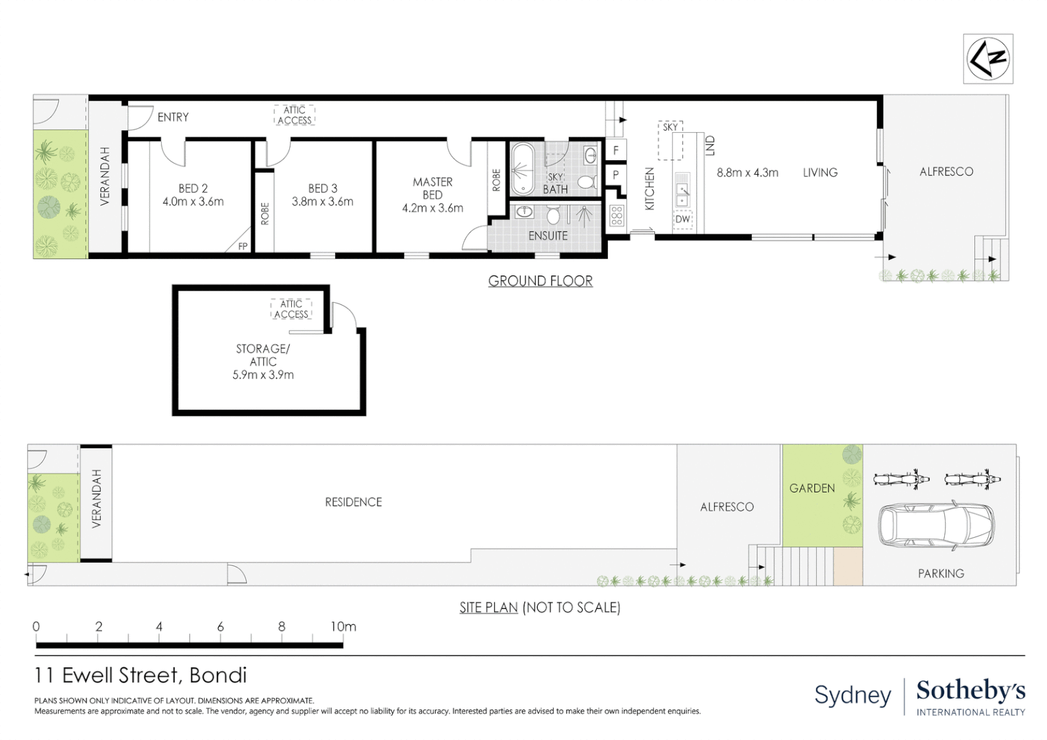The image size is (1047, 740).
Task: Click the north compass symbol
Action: click(987, 59)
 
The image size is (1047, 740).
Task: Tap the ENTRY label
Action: click(173, 117)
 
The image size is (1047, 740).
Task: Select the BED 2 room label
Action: click(193, 188)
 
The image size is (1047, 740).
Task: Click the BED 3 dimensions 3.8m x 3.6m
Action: click(323, 202)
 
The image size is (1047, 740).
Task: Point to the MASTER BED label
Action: click(432, 188)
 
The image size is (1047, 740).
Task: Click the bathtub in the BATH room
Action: click(523, 169)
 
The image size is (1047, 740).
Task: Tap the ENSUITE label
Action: click(547, 236)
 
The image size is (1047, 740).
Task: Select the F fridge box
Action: click(615, 150)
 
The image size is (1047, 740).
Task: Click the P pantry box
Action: click(615, 175)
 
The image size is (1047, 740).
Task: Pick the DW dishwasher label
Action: click(682, 219)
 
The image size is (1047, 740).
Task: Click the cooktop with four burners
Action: click(616, 216)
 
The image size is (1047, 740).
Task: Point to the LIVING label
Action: click(820, 173)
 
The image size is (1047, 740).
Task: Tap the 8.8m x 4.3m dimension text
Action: click(747, 173)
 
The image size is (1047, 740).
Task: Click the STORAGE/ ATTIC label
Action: click(262, 355)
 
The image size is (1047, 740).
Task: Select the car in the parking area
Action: click(936, 526)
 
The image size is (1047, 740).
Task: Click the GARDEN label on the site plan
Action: click(812, 489)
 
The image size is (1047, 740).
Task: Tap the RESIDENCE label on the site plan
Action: click(353, 502)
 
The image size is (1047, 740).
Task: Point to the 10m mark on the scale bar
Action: click(343, 627)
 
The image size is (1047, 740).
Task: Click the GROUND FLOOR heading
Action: click(540, 281)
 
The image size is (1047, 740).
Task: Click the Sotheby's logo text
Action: click(970, 691)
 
